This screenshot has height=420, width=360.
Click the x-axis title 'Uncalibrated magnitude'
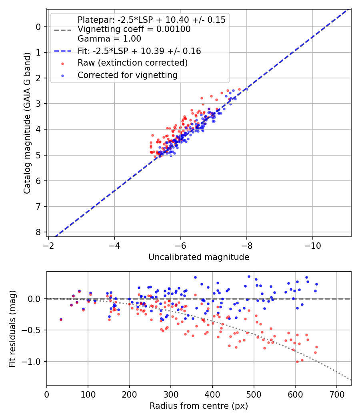click(199, 257)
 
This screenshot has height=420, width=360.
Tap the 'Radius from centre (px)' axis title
click(199, 406)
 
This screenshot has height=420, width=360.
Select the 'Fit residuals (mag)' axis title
click(12, 329)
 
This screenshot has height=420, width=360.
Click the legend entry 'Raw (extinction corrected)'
click(132, 63)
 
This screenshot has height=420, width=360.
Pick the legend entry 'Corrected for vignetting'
click(127, 75)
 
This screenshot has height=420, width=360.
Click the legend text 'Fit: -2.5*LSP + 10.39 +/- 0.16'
click(139, 51)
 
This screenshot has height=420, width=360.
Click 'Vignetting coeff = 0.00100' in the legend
click(134, 29)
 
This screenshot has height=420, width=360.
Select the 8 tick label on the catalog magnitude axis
click(38, 232)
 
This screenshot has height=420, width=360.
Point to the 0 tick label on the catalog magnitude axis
click(38, 27)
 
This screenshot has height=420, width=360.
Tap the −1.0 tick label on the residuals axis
click(34, 362)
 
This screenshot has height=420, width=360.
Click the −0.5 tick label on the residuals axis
click(34, 330)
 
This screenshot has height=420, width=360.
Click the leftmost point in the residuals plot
click(61, 320)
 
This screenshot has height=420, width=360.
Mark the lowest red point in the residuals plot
click(297, 362)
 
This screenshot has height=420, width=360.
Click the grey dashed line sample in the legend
click(62, 29)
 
